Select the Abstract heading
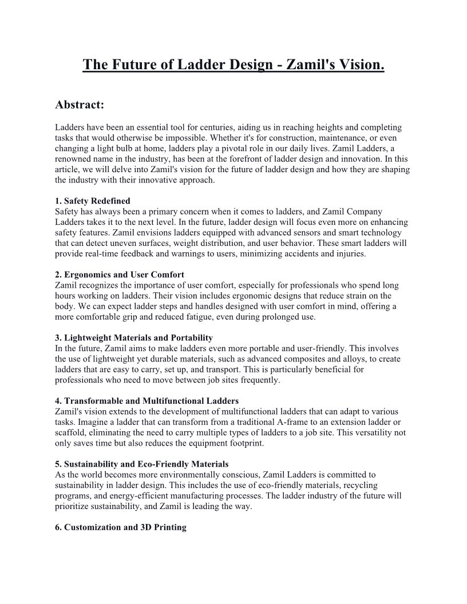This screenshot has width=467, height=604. click(80, 105)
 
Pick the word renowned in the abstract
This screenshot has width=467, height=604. click(74, 159)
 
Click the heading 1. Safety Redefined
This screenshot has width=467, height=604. click(93, 201)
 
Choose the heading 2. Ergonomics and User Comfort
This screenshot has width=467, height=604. click(120, 275)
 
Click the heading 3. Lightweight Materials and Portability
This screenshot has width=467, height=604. click(134, 337)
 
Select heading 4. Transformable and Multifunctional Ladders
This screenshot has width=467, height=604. click(147, 400)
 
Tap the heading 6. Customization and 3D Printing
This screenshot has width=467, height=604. click(121, 527)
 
